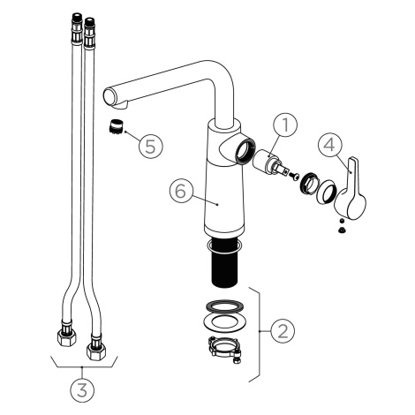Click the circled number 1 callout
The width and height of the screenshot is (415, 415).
tap(285, 124)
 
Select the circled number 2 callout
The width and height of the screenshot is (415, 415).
tap(283, 331)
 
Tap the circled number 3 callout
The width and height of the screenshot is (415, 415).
tap(82, 390)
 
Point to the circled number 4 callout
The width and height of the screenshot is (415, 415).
tap(330, 145)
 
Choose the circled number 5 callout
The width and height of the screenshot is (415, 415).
tap(151, 146)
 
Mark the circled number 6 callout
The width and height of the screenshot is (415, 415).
tap(181, 191)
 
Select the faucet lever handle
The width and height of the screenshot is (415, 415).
tap(351, 192)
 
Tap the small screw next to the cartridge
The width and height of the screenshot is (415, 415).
tap(294, 176)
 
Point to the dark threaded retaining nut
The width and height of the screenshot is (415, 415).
tap(309, 184)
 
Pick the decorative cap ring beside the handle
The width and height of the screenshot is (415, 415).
tap(326, 192)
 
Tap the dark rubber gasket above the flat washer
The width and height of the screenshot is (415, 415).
tap(224, 306)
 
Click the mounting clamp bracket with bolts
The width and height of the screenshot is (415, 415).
tap(224, 350)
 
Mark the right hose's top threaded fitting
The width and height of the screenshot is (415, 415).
tap(89, 32)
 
